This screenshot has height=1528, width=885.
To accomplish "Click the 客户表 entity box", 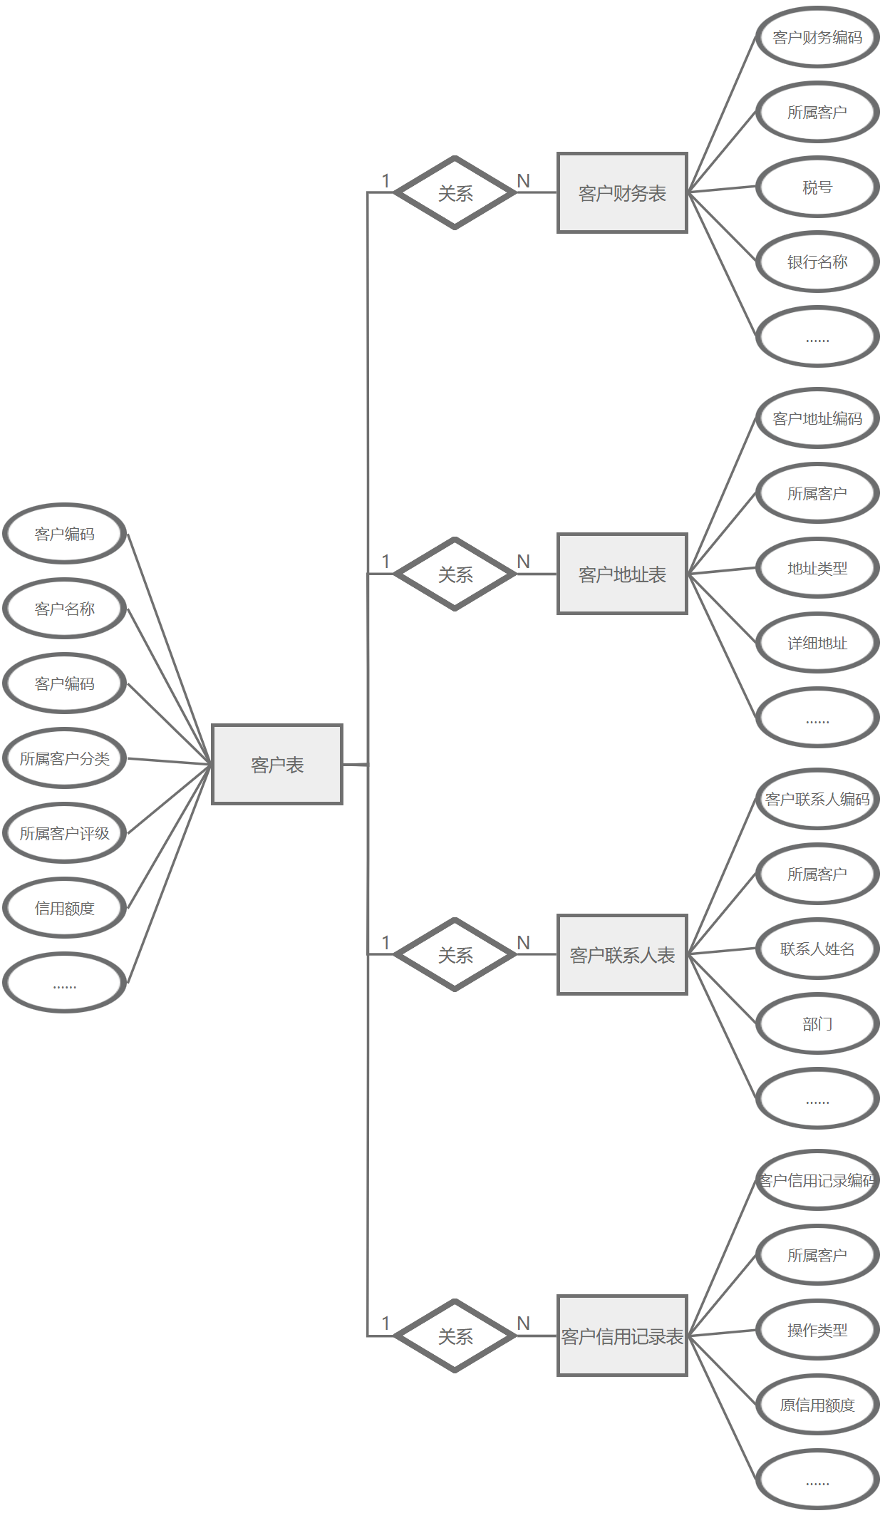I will point(277,765).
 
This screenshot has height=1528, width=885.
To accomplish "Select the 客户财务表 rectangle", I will point(622,192).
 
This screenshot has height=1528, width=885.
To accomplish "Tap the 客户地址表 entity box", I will point(622,574).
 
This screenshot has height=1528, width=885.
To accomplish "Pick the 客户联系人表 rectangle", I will point(622,954).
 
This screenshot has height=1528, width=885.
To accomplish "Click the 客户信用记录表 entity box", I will point(622,1336).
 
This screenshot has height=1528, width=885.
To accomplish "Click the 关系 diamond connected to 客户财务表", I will point(455,192).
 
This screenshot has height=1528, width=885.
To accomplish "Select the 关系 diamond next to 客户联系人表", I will point(455,954).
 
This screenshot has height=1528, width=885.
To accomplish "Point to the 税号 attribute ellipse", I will point(817,187).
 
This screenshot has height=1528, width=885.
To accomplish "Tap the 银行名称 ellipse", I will point(817,262).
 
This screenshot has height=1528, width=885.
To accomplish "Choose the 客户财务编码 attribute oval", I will point(817,37).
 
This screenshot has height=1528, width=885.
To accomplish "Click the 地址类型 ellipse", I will point(817,568).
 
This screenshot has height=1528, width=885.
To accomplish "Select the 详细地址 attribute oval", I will point(817,643).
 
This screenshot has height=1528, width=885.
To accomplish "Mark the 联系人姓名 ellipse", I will point(817,949).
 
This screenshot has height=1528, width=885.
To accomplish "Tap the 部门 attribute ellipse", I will point(817,1024).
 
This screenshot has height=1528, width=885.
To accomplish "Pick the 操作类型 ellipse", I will point(817,1330).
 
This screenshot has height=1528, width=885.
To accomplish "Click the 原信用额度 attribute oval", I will point(817,1405).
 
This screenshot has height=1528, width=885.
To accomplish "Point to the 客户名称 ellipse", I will point(65,609).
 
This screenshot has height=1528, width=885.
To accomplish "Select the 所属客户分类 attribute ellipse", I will point(65,758).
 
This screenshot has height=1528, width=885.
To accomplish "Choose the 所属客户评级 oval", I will point(65,833).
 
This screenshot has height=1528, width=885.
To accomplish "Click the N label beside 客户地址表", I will point(524,562).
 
